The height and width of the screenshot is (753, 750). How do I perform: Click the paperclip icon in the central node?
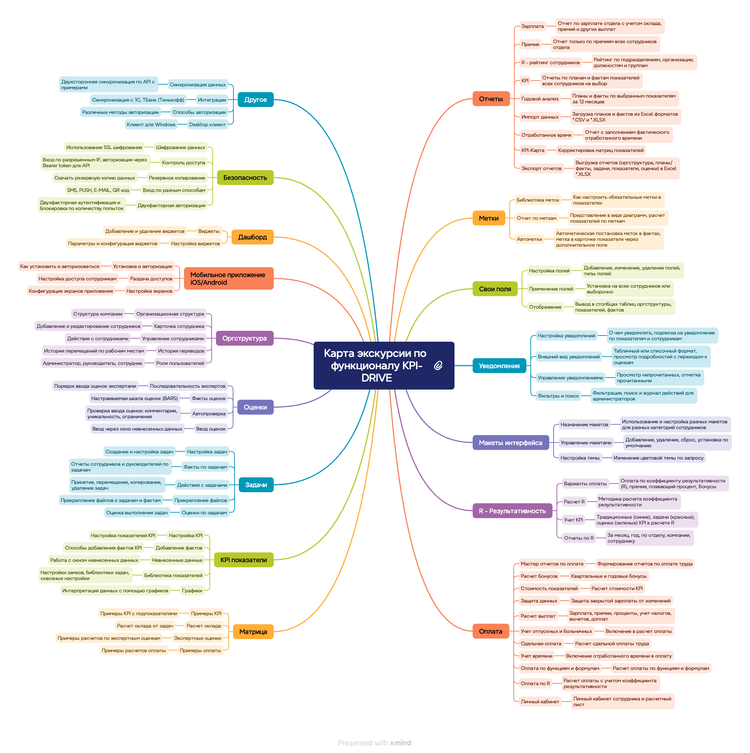438,366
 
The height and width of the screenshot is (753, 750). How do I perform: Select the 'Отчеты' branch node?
491,99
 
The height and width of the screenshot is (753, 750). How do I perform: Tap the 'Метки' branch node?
488,218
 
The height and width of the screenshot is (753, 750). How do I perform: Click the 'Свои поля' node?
494,289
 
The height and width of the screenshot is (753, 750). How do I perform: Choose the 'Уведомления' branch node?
499,366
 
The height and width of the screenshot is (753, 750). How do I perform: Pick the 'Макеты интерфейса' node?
510,443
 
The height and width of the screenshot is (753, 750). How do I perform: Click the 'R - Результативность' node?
512,511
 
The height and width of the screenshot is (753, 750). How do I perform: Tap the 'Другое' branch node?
256,100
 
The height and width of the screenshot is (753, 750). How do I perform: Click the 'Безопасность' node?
245,178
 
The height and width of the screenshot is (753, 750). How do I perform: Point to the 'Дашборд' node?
252,237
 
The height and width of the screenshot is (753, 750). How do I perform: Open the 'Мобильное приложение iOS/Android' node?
228,279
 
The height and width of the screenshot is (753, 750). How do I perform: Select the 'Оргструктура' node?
244,338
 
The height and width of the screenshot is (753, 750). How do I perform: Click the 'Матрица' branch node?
253,632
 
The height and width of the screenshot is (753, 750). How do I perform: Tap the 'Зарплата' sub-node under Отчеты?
533,26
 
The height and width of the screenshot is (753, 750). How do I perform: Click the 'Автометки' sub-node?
529,239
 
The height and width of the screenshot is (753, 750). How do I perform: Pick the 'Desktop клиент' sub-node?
207,125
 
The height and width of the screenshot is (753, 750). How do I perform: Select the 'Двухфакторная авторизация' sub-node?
171,205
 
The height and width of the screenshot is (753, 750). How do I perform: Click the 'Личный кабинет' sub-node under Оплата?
540,701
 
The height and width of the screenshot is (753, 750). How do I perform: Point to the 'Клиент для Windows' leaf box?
151,125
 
